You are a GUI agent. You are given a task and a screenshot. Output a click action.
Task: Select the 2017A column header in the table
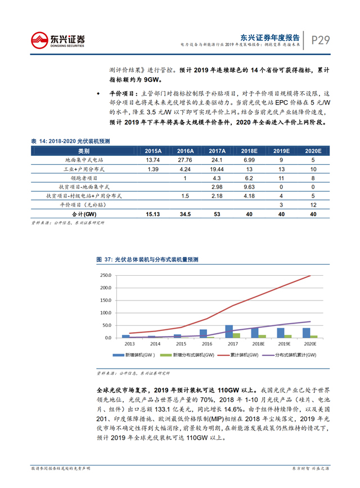click(x=217, y=151)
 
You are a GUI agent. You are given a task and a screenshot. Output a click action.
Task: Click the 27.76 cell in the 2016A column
click(x=185, y=160)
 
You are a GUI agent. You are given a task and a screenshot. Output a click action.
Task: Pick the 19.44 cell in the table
click(x=217, y=169)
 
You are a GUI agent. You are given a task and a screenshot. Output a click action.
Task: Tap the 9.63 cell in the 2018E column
click(x=249, y=187)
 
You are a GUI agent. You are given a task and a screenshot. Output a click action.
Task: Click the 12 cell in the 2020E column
click(x=313, y=205)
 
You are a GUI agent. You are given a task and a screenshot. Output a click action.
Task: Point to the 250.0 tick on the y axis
click(x=105, y=276)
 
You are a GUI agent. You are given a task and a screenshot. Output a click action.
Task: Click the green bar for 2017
click(x=236, y=335)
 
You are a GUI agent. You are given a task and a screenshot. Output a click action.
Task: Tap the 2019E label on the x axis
click(x=285, y=343)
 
